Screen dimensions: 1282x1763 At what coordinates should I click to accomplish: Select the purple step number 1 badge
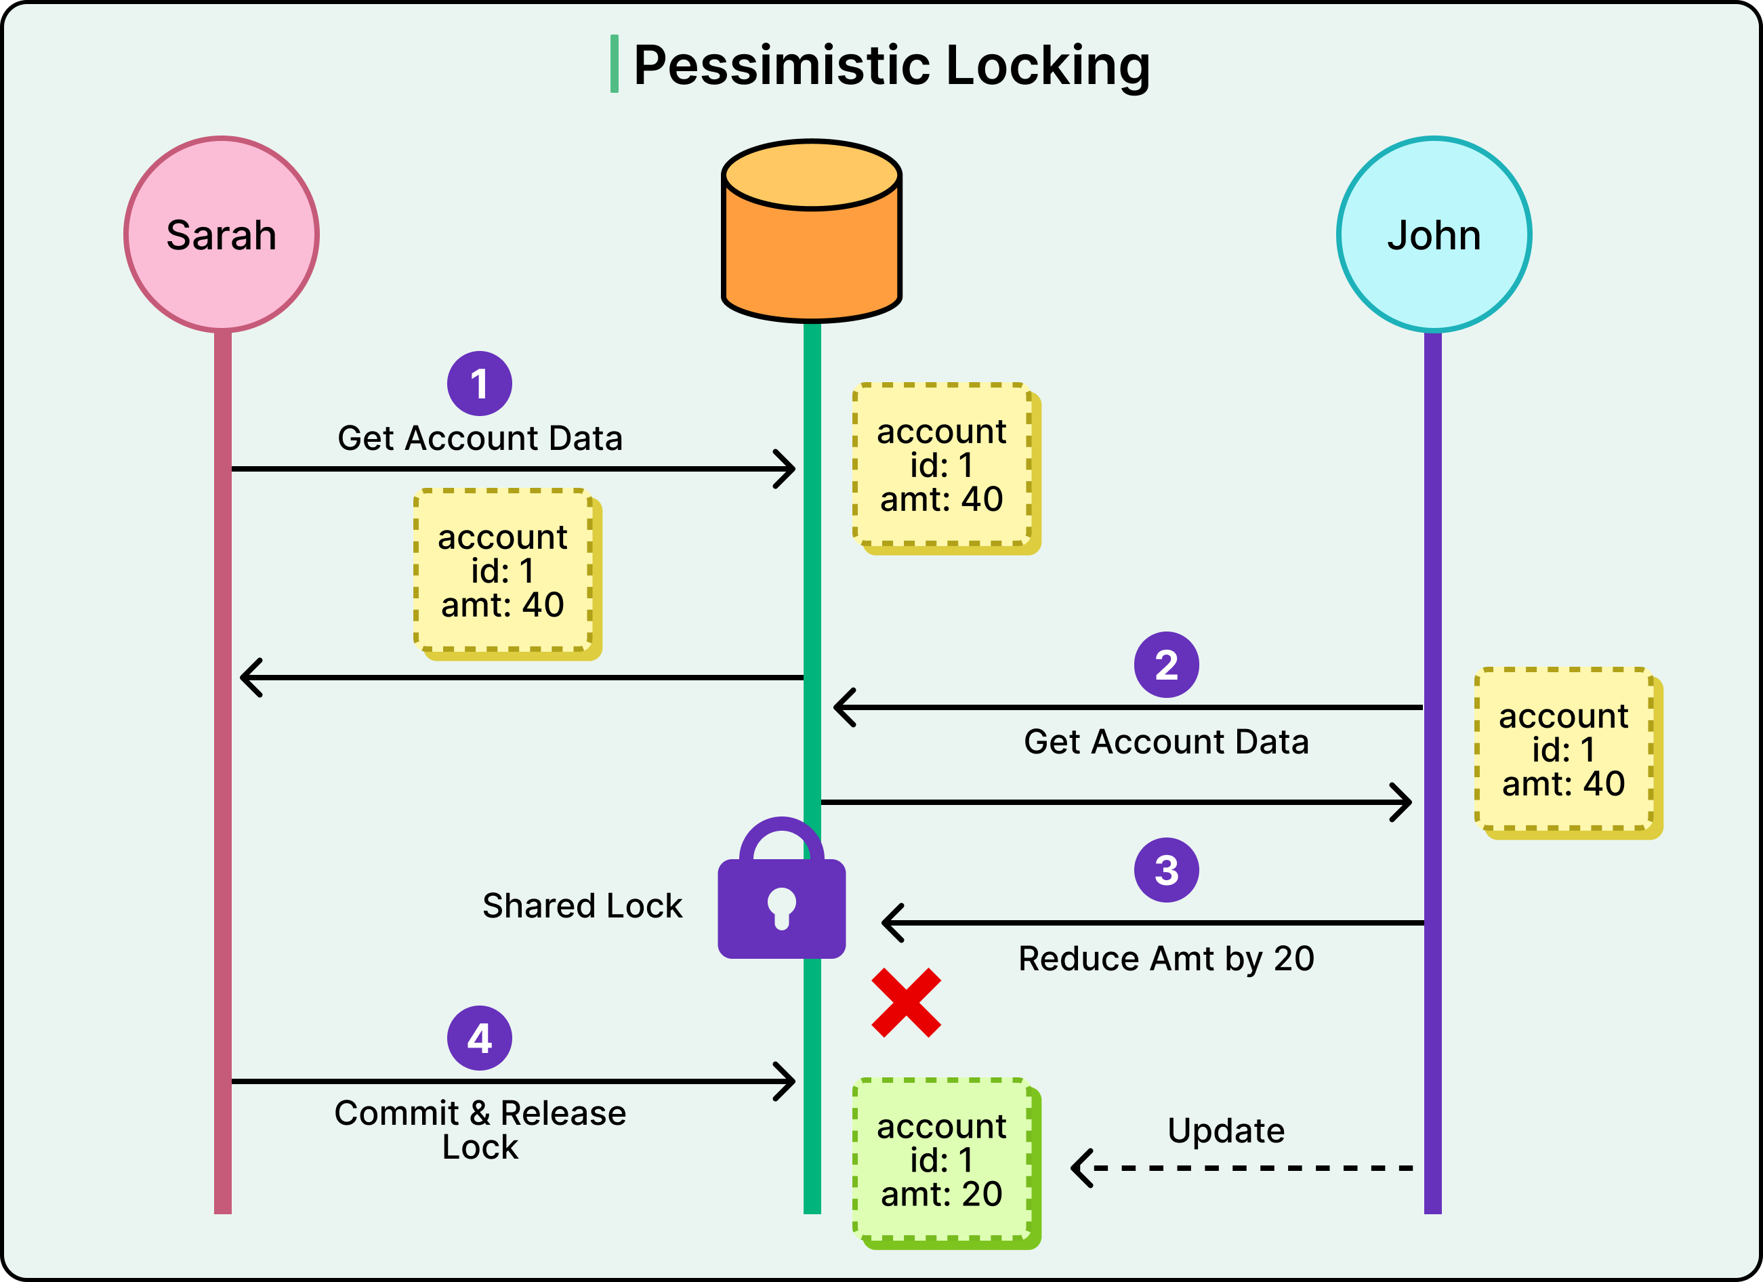pyautogui.click(x=479, y=384)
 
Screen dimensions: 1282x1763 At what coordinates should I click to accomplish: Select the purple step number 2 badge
pyautogui.click(x=1165, y=665)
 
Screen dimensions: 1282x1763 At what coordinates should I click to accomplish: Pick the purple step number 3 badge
pyautogui.click(x=1165, y=870)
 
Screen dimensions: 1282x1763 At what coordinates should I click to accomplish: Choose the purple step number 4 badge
pyautogui.click(x=479, y=1038)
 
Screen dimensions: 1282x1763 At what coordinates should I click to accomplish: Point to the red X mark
pyautogui.click(x=906, y=1002)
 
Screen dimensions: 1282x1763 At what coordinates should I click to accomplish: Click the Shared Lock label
pyautogui.click(x=581, y=906)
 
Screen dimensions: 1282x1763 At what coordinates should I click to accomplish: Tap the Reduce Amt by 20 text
pyautogui.click(x=1165, y=959)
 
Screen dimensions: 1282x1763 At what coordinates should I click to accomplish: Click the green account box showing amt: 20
pyautogui.click(x=942, y=1159)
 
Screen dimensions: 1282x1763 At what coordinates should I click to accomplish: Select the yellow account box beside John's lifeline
pyautogui.click(x=1563, y=749)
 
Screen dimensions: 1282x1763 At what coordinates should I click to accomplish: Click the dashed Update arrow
pyautogui.click(x=1244, y=1167)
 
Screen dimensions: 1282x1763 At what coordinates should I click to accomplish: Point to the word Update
pyautogui.click(x=1226, y=1130)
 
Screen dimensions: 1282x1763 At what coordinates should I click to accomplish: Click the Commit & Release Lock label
pyautogui.click(x=480, y=1130)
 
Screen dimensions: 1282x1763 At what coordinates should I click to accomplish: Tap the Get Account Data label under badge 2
pyautogui.click(x=1165, y=742)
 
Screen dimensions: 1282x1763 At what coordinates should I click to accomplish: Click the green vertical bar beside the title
pyautogui.click(x=614, y=64)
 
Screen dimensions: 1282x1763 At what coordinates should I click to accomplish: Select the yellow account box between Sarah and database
pyautogui.click(x=503, y=571)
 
